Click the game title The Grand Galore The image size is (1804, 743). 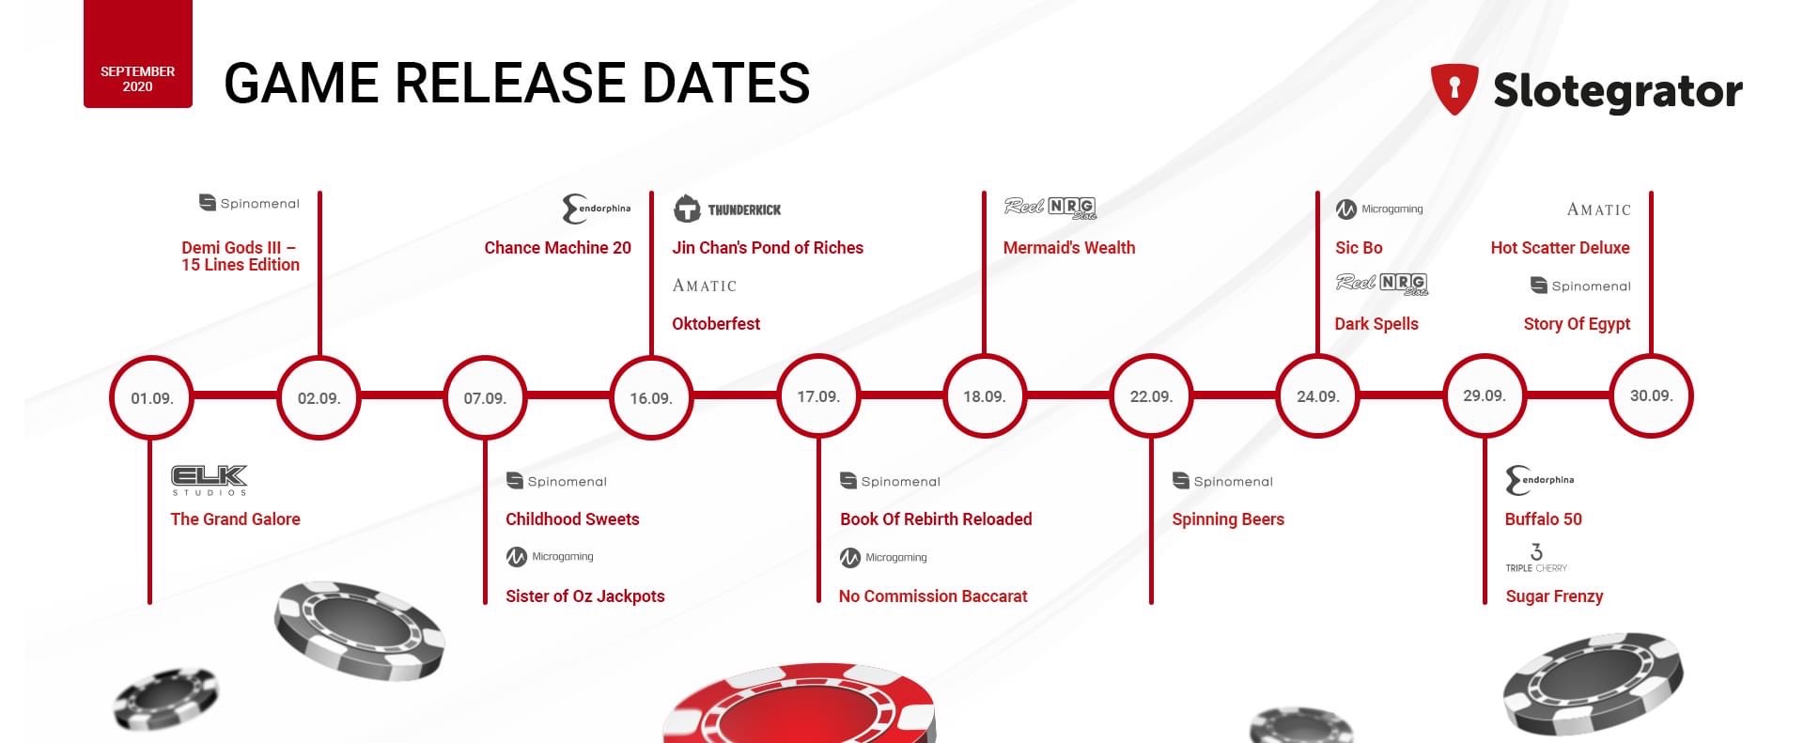click(x=235, y=519)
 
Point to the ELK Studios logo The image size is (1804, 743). click(x=210, y=480)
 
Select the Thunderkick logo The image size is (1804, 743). click(x=727, y=209)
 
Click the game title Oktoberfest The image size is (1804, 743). click(x=716, y=324)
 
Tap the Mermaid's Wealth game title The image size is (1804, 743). click(x=1069, y=248)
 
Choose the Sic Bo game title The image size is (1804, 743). click(x=1359, y=248)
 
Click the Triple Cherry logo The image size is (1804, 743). click(x=1536, y=558)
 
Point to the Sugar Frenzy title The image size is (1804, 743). click(x=1554, y=596)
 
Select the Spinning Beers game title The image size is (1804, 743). click(x=1228, y=519)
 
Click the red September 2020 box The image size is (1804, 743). click(x=138, y=54)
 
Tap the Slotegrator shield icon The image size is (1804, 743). click(x=1454, y=89)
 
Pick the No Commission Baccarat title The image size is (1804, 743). click(x=933, y=596)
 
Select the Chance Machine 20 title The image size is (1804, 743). click(x=557, y=248)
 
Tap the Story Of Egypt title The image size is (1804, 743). click(x=1577, y=324)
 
